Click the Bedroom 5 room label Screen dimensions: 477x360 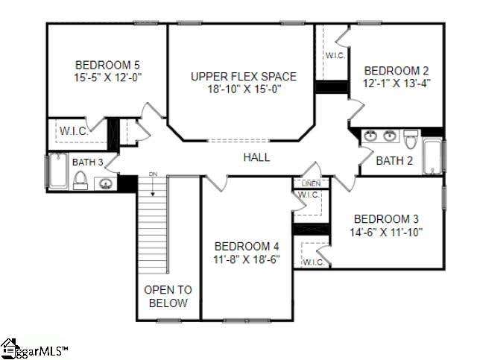107,65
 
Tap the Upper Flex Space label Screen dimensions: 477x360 244,76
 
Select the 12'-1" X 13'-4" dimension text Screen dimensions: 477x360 397,83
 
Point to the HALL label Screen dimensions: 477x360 256,157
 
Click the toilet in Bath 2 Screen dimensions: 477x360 410,139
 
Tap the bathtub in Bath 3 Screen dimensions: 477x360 57,171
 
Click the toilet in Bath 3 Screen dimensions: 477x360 80,180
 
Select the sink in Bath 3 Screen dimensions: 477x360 105,184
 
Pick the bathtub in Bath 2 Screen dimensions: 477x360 432,157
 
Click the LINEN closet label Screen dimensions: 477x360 311,183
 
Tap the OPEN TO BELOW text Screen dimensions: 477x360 168,297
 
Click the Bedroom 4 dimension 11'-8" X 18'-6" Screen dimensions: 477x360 247,259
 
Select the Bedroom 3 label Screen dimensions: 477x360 386,219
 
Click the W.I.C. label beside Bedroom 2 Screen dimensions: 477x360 335,56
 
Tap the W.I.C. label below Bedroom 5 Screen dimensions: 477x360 74,131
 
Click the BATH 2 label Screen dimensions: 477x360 394,160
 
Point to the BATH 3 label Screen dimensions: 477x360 88,162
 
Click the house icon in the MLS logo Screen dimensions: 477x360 10,348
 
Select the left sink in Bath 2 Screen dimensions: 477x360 370,136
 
